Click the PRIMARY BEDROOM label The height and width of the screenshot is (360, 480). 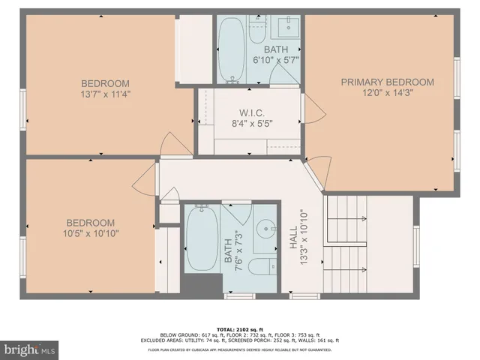pos(387,82)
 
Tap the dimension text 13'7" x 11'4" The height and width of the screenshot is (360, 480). pos(106,94)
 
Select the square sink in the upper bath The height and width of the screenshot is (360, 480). pos(286,28)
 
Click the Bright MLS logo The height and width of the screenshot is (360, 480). pos(30,350)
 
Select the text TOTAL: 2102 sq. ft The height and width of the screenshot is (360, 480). pos(239,328)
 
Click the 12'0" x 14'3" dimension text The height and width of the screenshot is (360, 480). pos(388,93)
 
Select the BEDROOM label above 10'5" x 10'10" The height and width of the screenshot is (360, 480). pos(90,223)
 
